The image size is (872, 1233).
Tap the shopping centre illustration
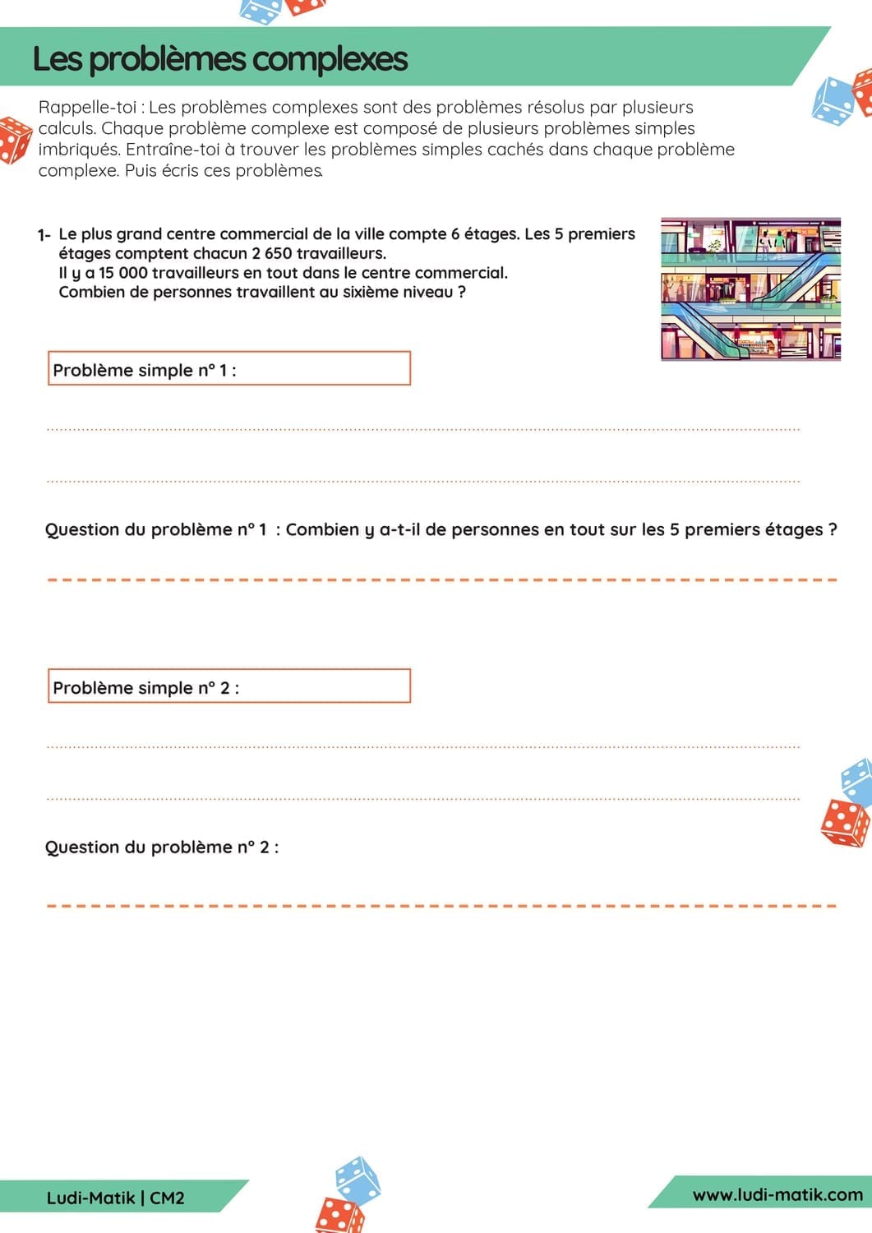click(x=750, y=289)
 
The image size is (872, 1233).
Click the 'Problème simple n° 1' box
click(x=228, y=369)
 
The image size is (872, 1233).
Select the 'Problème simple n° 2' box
click(x=228, y=686)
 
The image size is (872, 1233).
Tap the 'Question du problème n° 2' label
click(x=162, y=847)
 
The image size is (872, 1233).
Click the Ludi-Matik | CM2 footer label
click(x=115, y=1198)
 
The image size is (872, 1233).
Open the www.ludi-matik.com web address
click(x=777, y=1194)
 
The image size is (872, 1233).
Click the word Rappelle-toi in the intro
click(x=87, y=107)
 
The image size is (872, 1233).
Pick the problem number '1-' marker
click(x=44, y=235)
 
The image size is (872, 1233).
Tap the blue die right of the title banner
click(x=833, y=101)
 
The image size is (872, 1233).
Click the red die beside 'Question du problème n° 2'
click(x=844, y=823)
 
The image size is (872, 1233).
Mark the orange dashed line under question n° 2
click(x=441, y=906)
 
